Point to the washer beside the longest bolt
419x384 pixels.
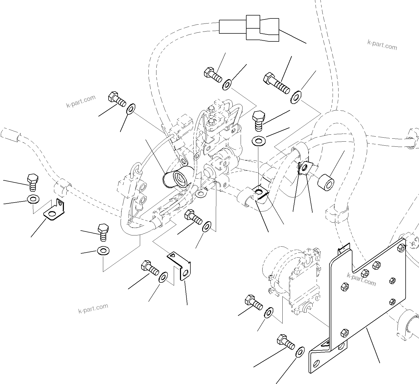296,97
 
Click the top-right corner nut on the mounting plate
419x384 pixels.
401,248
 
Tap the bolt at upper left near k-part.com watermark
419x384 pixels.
117,99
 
